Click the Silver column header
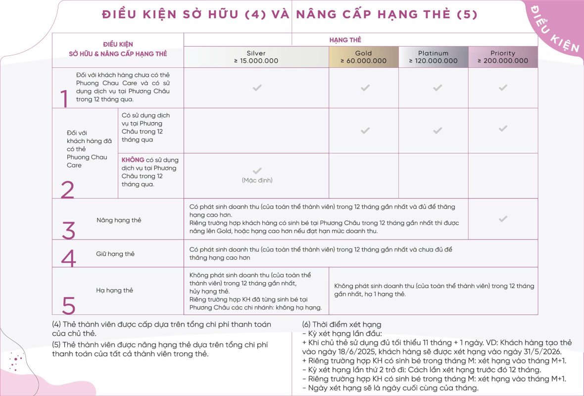pyautogui.click(x=256, y=57)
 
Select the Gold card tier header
pyautogui.click(x=363, y=57)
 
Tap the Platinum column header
pyautogui.click(x=433, y=57)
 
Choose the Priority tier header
pyautogui.click(x=503, y=57)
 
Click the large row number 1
pyautogui.click(x=64, y=99)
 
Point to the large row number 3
pyautogui.click(x=68, y=230)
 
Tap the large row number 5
pyautogui.click(x=68, y=306)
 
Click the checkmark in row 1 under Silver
pyautogui.click(x=257, y=88)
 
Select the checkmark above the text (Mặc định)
pyautogui.click(x=257, y=171)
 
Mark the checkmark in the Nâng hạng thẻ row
pyautogui.click(x=503, y=219)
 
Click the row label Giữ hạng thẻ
pyautogui.click(x=115, y=254)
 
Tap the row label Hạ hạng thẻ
pyautogui.click(x=114, y=290)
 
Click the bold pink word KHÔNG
pyautogui.click(x=133, y=160)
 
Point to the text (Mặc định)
pyautogui.click(x=257, y=180)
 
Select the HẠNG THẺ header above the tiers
pyautogui.click(x=345, y=40)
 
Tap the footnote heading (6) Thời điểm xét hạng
pyautogui.click(x=341, y=325)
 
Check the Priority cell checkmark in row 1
pyautogui.click(x=503, y=88)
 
